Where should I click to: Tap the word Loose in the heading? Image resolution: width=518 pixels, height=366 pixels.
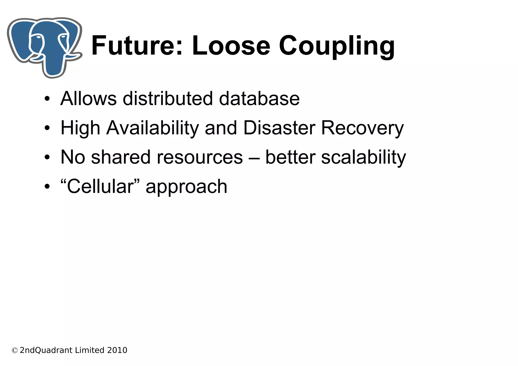231,46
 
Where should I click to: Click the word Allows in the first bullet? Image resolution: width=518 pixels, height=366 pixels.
89,98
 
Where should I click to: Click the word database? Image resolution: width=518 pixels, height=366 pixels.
259,98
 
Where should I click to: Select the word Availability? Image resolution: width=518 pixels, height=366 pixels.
153,128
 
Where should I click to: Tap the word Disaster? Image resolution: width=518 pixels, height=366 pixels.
279,128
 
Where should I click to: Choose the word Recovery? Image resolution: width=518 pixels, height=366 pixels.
362,128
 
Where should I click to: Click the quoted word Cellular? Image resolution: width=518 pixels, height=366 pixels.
100,186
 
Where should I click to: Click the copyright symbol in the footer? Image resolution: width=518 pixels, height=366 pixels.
15,351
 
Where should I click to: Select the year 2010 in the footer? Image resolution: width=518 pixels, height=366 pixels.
117,350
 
